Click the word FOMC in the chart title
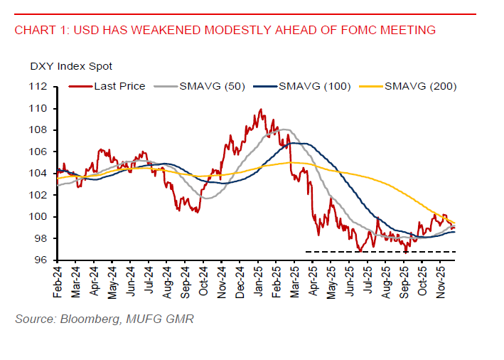[351, 30]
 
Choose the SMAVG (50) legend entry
[210, 86]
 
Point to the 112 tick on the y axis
[38, 87]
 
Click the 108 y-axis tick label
[38, 130]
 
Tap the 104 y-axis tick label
[38, 174]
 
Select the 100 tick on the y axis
[38, 216]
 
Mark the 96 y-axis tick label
[41, 260]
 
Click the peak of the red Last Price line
[261, 110]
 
